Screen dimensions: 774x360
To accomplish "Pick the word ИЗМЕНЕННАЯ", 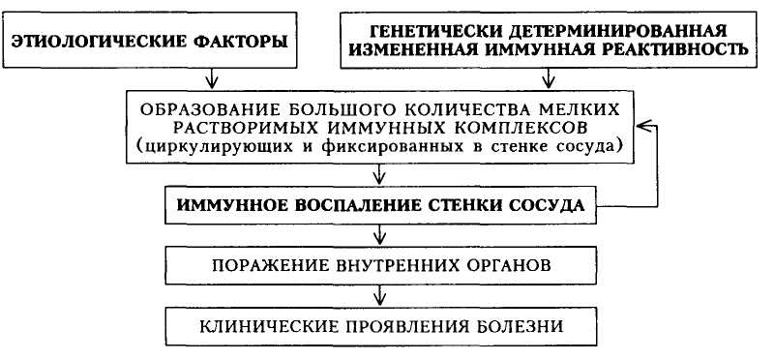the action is (x=415, y=50).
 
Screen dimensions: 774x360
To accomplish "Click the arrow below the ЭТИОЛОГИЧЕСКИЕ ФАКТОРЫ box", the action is (x=211, y=78).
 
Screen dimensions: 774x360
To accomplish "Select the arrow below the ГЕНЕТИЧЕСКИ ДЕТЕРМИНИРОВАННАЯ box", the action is (x=548, y=78).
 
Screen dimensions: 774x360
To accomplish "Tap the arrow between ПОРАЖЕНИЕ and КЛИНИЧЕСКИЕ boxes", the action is (x=378, y=295).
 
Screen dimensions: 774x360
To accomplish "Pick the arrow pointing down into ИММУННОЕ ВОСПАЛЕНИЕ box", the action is (x=378, y=174).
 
